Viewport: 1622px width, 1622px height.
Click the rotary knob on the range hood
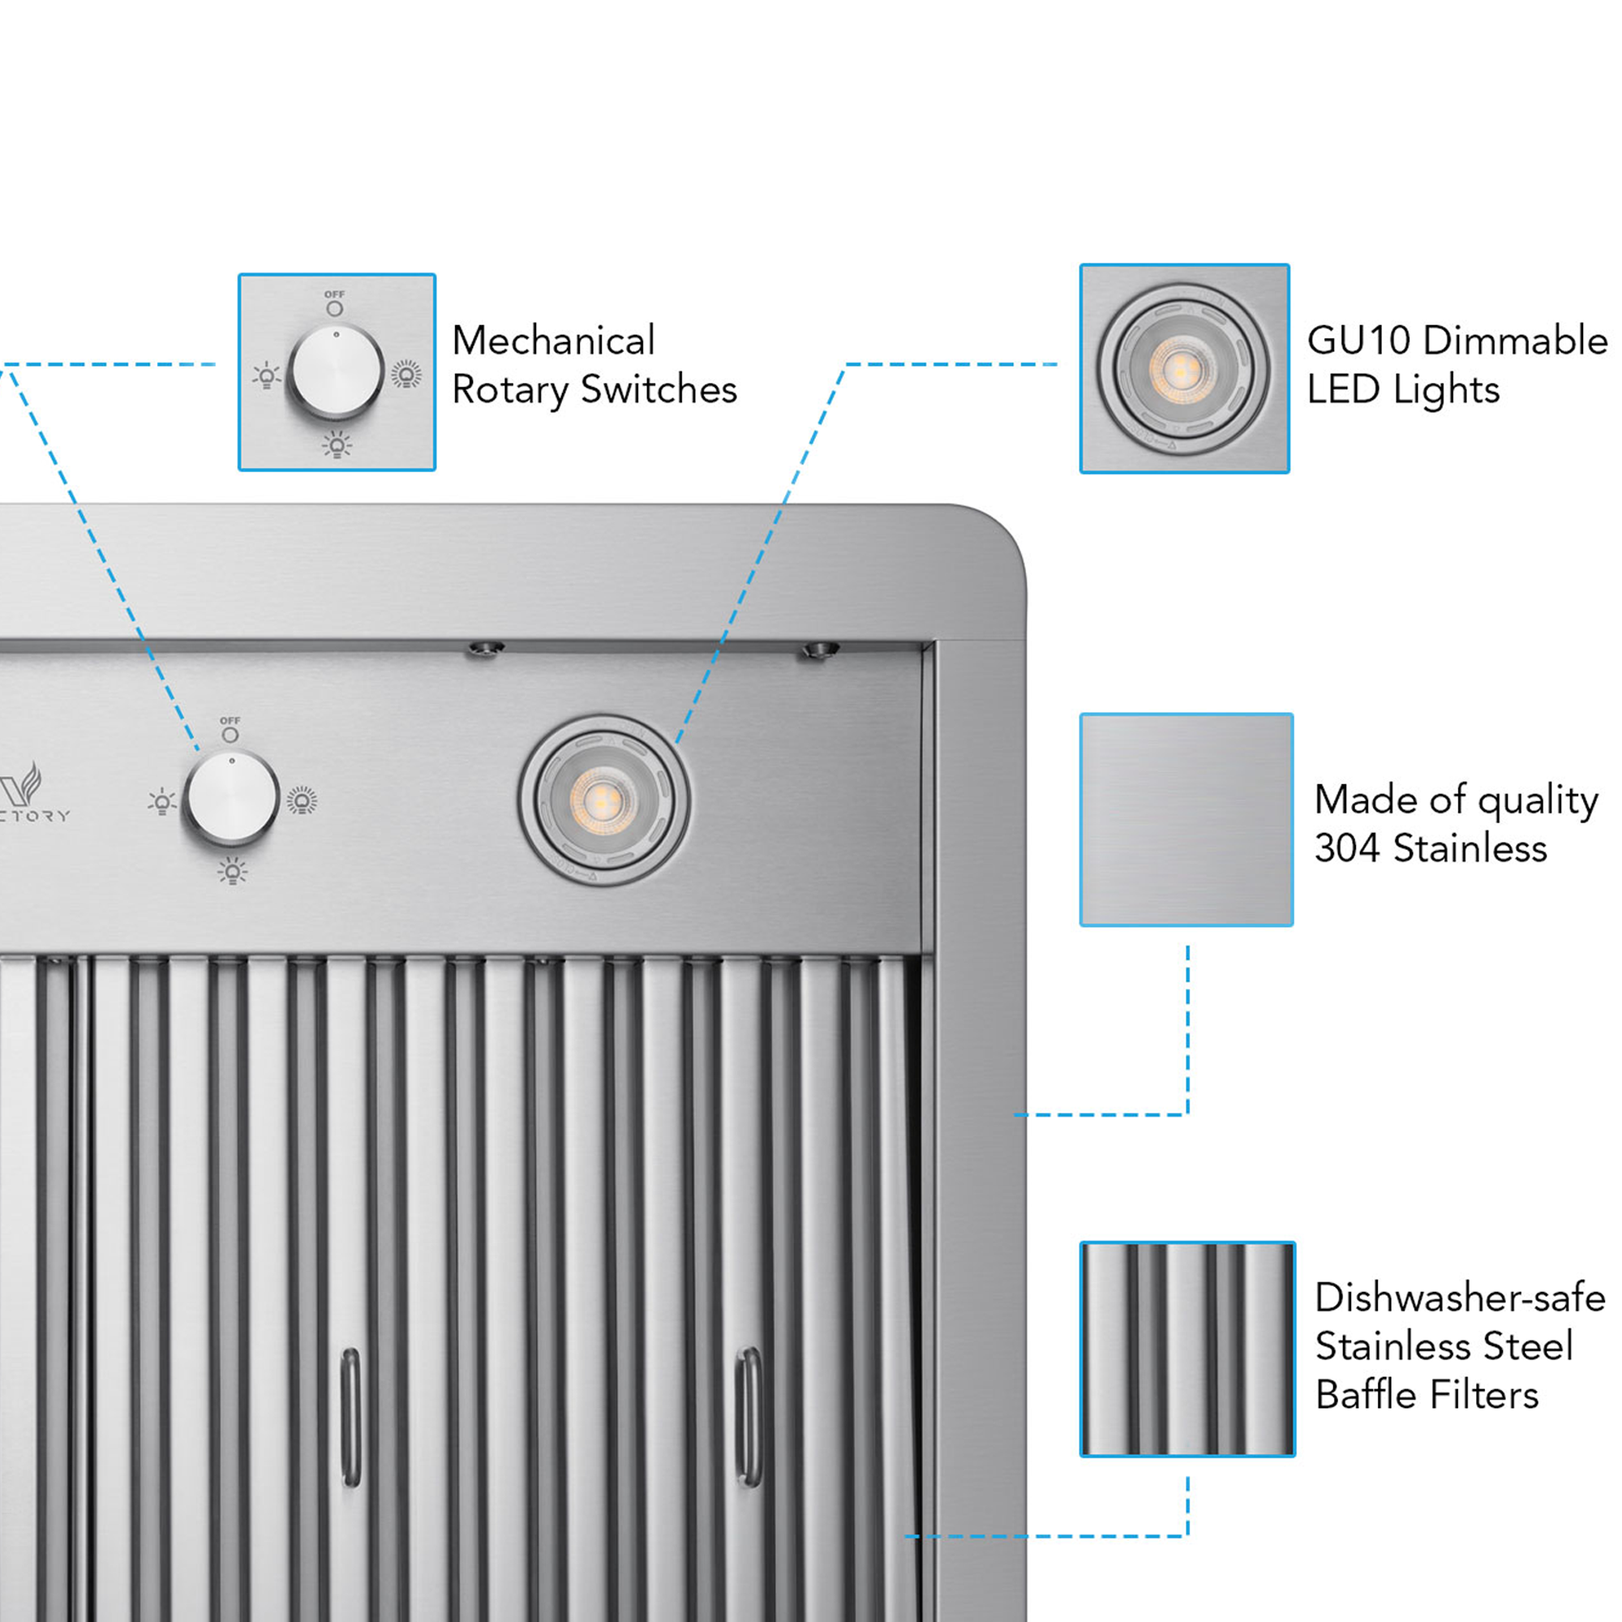[232, 797]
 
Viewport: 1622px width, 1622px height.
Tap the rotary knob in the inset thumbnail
[336, 371]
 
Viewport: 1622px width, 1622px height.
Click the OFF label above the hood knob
[230, 720]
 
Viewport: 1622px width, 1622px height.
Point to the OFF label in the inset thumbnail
[334, 294]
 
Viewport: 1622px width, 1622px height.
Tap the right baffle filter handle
[748, 1415]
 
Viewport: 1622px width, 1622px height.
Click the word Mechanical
[552, 341]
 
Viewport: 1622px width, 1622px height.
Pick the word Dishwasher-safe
[1459, 1298]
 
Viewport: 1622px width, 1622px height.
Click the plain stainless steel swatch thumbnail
[1186, 819]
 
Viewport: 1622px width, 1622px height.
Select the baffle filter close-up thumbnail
[1186, 1350]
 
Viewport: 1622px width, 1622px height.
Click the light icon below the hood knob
[233, 872]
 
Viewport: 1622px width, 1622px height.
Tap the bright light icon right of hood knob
[303, 800]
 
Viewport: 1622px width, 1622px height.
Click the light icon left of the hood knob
[161, 802]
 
